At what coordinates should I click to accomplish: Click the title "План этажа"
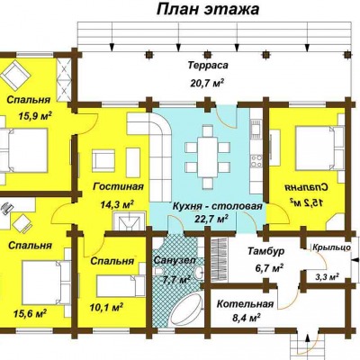coord(208,9)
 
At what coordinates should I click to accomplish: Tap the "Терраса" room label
coord(208,66)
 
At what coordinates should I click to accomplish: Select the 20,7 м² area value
coord(207,82)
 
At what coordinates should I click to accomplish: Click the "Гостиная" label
coord(118,186)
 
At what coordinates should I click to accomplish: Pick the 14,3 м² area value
coord(117,204)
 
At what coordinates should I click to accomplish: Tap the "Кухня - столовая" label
coord(218,206)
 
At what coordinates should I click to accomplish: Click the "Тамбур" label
coord(265,251)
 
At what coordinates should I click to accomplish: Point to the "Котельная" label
coord(245,304)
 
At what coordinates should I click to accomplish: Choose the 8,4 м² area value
coord(246,317)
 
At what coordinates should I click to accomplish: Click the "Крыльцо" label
coord(331,247)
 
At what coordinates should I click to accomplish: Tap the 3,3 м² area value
coord(327,276)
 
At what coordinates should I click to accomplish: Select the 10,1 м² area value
coord(107,307)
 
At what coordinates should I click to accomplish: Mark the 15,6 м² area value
coord(30,314)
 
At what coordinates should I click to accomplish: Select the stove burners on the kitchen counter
coord(256,160)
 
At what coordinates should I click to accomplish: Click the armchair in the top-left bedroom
coord(15,75)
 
